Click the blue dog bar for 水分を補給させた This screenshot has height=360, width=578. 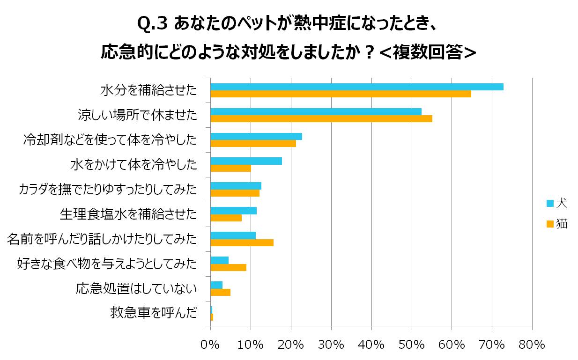(356, 87)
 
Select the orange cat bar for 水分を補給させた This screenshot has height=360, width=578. (341, 94)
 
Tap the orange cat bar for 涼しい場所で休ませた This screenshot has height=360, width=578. (321, 119)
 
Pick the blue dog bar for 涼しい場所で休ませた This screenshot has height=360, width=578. (316, 111)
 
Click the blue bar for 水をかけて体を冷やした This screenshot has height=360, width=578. (246, 161)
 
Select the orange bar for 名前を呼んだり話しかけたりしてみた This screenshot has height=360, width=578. (242, 242)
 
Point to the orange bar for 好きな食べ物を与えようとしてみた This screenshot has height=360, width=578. (228, 267)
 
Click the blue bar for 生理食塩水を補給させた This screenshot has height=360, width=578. (233, 211)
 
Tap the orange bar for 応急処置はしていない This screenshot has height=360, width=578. (220, 293)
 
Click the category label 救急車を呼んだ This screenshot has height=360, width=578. (153, 313)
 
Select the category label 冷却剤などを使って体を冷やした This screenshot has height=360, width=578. (110, 140)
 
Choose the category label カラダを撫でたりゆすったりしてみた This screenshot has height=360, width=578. (107, 189)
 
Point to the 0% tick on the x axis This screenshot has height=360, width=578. (210, 345)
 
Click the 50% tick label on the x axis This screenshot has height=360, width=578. (411, 345)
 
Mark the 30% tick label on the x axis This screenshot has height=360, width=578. (331, 345)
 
